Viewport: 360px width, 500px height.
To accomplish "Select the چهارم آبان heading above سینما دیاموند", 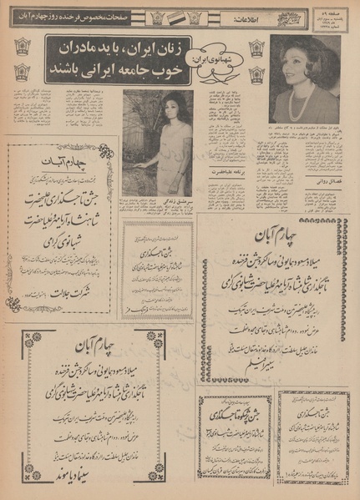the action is coord(92,347).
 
